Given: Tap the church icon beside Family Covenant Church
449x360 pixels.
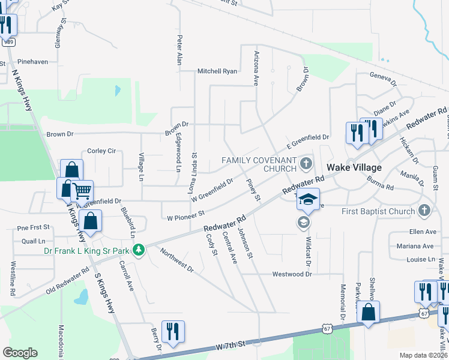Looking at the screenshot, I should [306, 163].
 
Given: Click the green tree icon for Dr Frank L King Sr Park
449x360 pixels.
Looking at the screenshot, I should [139, 248].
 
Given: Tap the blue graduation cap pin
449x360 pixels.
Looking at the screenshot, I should [308, 200].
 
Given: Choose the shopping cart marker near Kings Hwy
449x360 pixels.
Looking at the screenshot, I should [82, 191].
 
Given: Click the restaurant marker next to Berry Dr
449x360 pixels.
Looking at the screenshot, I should [173, 331].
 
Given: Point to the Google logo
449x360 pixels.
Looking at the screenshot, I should [20, 353].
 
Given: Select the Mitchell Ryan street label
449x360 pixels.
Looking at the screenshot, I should [217, 71].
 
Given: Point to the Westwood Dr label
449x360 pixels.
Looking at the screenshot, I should [293, 274].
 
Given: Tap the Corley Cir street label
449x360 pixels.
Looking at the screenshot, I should [101, 151].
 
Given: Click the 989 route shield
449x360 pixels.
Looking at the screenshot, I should [7, 43].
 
